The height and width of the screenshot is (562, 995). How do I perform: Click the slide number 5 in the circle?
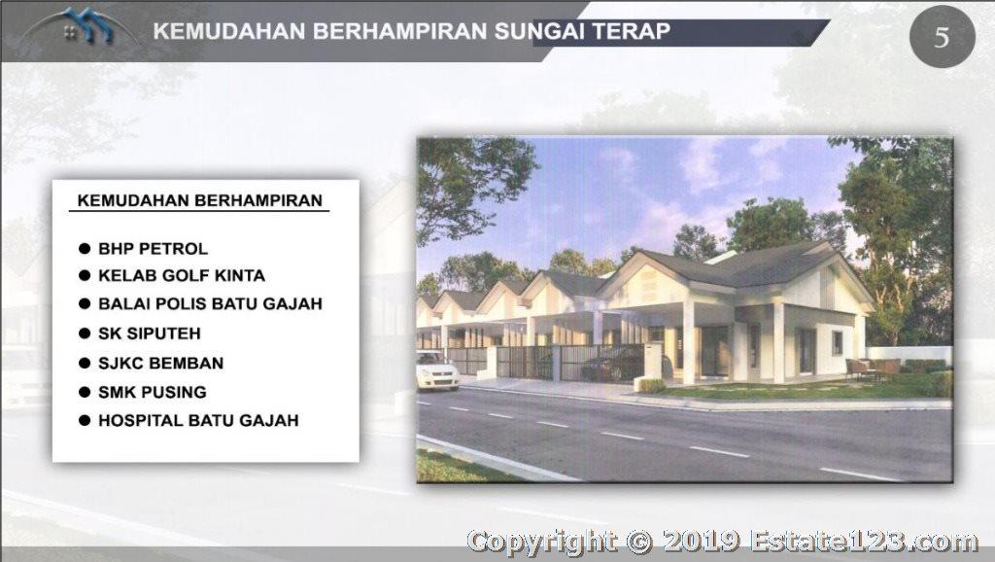(942, 38)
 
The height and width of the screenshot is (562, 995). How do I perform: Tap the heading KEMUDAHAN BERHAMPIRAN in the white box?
(200, 200)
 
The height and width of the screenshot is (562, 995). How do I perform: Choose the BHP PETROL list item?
(153, 249)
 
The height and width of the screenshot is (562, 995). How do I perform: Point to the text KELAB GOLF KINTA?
(182, 275)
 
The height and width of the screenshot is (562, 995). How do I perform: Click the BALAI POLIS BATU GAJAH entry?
(210, 303)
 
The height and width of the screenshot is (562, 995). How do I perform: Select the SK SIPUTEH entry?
(149, 334)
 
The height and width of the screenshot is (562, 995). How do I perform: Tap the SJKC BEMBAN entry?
(160, 364)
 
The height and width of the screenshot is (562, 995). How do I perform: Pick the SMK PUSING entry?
(153, 393)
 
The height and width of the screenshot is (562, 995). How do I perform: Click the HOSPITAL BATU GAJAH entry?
(198, 420)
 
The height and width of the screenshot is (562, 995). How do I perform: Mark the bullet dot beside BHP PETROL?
(85, 249)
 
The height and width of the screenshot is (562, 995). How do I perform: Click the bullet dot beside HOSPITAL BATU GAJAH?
(85, 420)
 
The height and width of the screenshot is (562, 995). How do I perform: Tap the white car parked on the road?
(436, 369)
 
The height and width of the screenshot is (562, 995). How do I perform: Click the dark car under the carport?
(612, 365)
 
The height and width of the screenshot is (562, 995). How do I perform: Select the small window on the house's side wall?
(838, 343)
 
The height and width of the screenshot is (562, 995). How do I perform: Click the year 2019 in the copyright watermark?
(701, 542)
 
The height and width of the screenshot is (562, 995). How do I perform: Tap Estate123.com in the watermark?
(864, 542)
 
